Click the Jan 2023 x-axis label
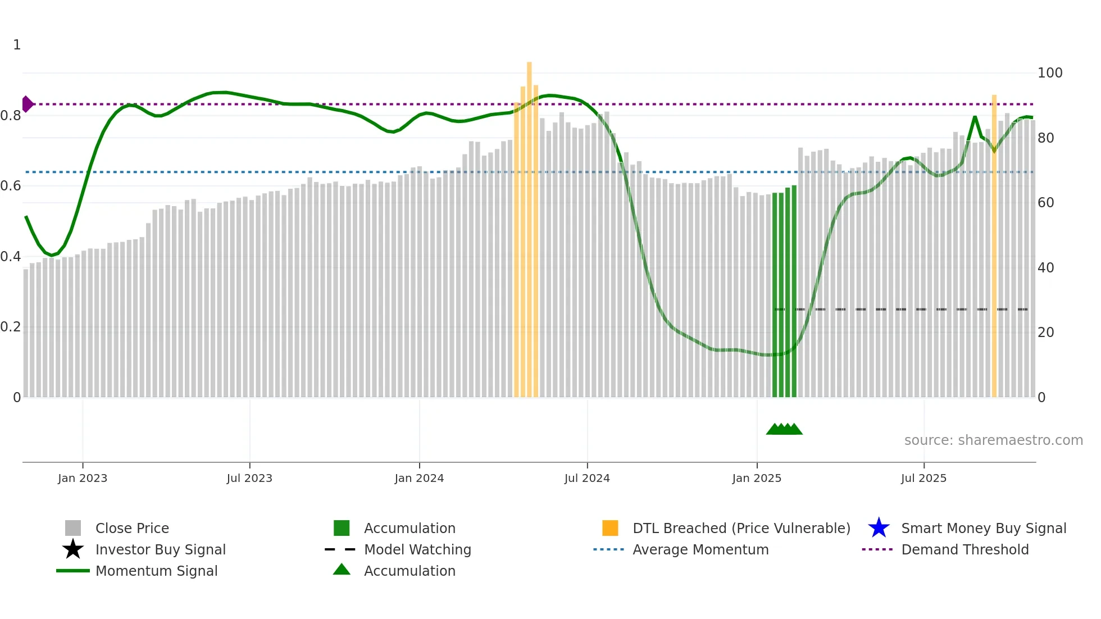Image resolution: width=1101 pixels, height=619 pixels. click(x=83, y=479)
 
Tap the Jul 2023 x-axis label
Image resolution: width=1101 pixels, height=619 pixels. click(x=249, y=479)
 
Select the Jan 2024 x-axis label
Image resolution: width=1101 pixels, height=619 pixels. click(x=419, y=479)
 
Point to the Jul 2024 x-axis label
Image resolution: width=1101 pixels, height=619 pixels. click(x=587, y=479)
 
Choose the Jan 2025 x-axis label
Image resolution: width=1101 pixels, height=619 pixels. click(x=757, y=479)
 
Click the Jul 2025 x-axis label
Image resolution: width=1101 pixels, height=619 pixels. click(x=923, y=479)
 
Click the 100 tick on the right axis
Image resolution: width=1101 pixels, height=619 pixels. click(x=1050, y=73)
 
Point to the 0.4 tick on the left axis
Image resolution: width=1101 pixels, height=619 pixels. click(x=11, y=257)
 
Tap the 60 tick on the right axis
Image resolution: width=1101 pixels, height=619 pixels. click(x=1045, y=203)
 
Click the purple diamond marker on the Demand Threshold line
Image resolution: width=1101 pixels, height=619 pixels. click(x=27, y=104)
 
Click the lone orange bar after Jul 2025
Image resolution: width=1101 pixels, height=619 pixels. click(x=994, y=247)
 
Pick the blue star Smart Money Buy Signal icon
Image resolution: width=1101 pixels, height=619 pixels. click(x=879, y=528)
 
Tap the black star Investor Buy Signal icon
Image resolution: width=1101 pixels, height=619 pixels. click(x=73, y=549)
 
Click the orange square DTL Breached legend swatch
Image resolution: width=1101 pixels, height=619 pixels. click(x=610, y=528)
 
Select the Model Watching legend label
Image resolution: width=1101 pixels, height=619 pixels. click(x=417, y=549)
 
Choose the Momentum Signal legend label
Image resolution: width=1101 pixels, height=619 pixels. click(x=156, y=571)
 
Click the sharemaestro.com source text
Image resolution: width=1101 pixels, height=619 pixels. click(x=993, y=440)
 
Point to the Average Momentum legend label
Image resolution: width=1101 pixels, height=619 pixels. click(x=700, y=549)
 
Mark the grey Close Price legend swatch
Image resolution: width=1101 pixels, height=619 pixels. click(x=73, y=528)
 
